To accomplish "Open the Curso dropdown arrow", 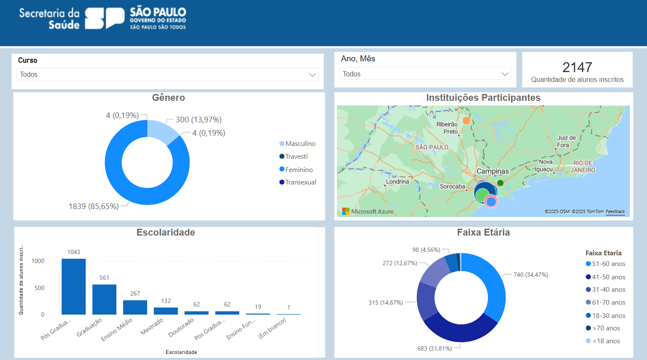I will [x=312, y=75].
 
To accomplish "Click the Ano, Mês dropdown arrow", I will [x=505, y=74].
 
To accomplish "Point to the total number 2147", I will [x=577, y=67].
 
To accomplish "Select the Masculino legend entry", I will [x=300, y=144].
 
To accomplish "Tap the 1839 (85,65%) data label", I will [x=93, y=206].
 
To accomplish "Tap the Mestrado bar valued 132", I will [x=166, y=311].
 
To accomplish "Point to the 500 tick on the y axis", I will [x=39, y=288].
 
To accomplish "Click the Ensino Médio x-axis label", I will [x=117, y=330].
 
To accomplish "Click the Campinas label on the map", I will [x=493, y=171].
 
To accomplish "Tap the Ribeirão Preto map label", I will [x=447, y=128].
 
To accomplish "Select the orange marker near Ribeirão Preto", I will [x=466, y=121].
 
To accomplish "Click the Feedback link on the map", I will [x=615, y=212].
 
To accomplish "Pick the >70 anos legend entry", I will [x=606, y=328].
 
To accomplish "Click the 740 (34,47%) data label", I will [x=531, y=275].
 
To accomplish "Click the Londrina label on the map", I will [x=397, y=182].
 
